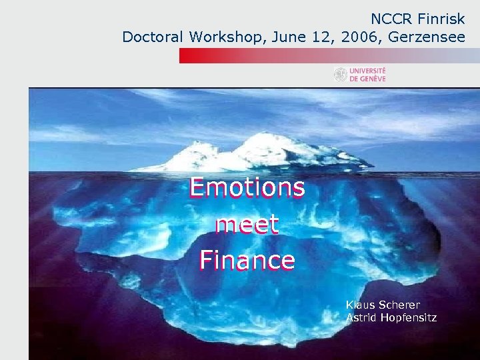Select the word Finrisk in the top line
click(441, 19)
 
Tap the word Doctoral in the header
click(153, 37)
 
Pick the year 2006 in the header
click(358, 37)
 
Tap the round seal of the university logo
click(341, 75)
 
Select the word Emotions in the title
click(247, 187)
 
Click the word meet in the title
click(247, 224)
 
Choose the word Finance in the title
click(247, 259)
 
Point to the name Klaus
click(359, 305)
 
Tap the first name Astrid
click(361, 317)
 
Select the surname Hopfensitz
click(409, 317)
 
